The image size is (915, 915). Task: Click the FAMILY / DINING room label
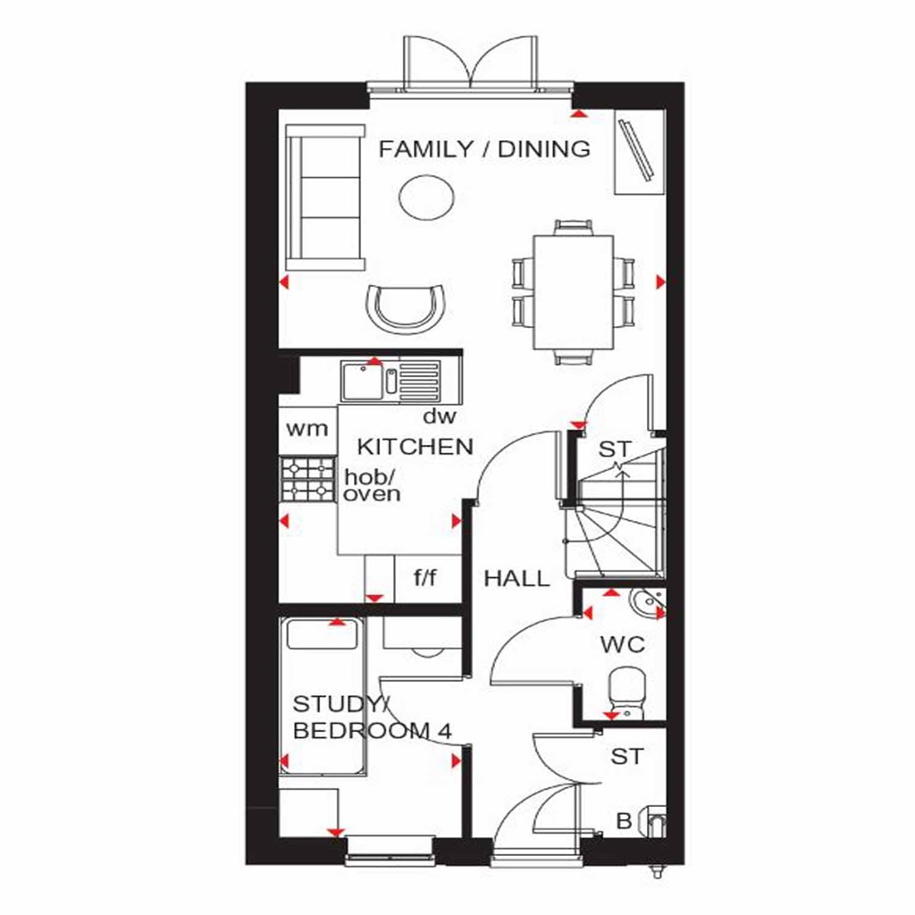[484, 149]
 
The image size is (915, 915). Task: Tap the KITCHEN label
[415, 447]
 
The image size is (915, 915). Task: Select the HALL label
[516, 579]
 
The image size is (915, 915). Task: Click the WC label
[623, 644]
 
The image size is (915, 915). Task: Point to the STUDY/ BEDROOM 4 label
[372, 717]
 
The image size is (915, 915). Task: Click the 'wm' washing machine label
[306, 428]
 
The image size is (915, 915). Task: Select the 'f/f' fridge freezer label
[424, 578]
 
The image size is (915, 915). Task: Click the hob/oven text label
[372, 486]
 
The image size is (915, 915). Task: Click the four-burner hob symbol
[307, 479]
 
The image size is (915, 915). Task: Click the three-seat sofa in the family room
[325, 197]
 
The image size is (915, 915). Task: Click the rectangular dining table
[574, 292]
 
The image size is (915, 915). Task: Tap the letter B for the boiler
[625, 819]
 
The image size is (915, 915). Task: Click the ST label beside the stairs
[614, 449]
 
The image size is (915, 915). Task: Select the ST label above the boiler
[626, 757]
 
